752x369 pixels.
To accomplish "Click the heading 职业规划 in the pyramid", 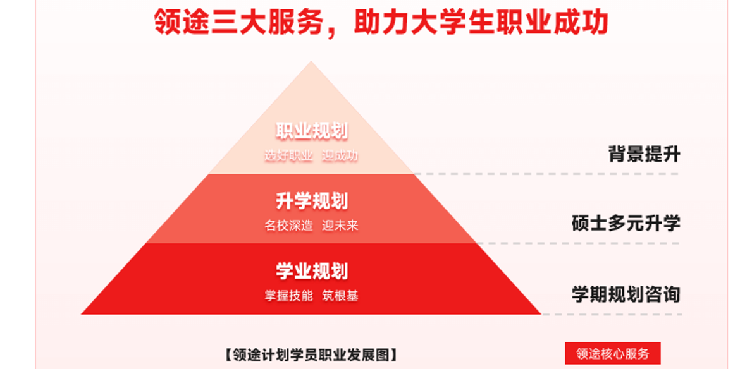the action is coord(312,131).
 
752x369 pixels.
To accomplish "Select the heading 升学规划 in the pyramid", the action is coord(312,202).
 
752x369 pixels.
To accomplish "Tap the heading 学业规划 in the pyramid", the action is coord(312,271).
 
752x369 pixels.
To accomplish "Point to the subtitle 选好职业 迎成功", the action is coord(311,155).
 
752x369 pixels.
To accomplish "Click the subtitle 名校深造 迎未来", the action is coord(311,226).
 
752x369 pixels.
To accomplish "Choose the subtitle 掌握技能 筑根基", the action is coord(311,296).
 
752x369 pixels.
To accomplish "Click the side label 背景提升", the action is coord(644,154).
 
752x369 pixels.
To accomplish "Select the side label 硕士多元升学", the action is coord(626,223).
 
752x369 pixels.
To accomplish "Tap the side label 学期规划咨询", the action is coord(626,294).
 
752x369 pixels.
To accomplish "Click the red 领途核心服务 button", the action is coord(612,353).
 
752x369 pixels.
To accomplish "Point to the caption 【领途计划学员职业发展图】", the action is coord(311,354).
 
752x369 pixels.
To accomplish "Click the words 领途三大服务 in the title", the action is coord(238,22).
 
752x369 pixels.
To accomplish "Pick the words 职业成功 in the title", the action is coord(539,22).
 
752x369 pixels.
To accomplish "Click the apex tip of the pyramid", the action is coord(311,61).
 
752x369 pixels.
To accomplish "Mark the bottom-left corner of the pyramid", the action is coord(82,314).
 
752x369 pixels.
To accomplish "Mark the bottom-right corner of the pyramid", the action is coord(541,314).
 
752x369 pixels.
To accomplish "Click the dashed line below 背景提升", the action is coord(546,174).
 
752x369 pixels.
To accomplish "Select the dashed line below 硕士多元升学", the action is coord(578,243).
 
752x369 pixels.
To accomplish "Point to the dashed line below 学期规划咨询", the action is coord(612,315).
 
